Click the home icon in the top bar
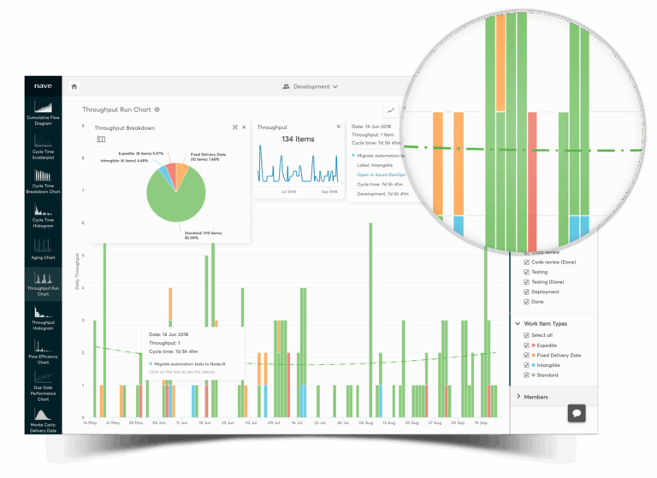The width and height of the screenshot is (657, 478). [x=74, y=86]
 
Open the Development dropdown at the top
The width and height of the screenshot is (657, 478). [x=311, y=86]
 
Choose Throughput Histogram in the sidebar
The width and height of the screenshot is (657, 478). [x=43, y=320]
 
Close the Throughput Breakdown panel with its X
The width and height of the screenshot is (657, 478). [x=244, y=127]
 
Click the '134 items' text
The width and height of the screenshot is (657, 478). [x=298, y=139]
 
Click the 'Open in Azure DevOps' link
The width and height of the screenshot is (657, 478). [x=381, y=174]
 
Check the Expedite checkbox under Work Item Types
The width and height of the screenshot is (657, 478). [x=527, y=345]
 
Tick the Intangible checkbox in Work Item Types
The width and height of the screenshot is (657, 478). [x=527, y=365]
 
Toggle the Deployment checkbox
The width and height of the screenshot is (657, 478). [x=527, y=292]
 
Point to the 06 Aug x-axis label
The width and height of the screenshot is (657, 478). [x=366, y=422]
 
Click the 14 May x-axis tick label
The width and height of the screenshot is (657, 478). [x=89, y=422]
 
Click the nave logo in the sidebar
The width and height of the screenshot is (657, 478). [x=43, y=86]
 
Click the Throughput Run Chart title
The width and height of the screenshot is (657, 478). [x=116, y=109]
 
